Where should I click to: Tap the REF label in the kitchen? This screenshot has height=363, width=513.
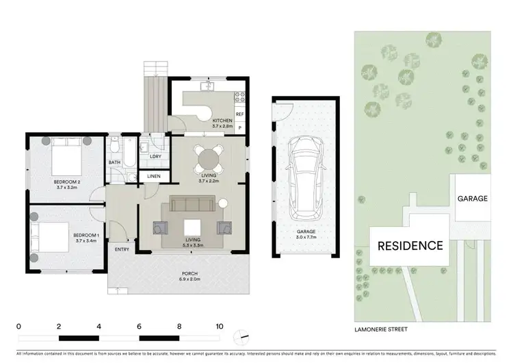click(x=239, y=114)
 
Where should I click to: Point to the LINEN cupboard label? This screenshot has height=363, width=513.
click(x=154, y=177)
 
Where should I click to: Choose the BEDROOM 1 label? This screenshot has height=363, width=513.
click(x=86, y=236)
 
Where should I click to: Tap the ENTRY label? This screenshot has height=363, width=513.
click(x=122, y=249)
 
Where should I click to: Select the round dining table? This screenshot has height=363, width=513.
click(x=207, y=160)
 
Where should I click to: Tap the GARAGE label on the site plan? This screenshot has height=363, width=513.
click(x=473, y=199)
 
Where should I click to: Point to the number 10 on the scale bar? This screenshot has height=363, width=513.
click(x=219, y=327)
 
